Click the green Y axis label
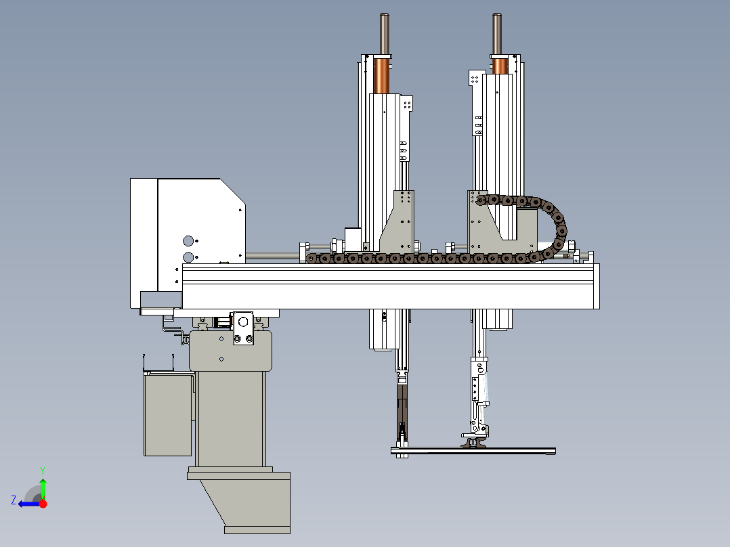tap(43, 471)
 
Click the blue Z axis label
tap(14, 500)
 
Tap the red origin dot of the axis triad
tap(43, 504)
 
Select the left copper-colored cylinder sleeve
tap(381, 76)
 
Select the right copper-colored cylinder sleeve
tap(500, 66)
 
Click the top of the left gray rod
tap(385, 15)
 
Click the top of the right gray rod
tap(497, 15)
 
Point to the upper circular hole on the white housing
tap(188, 241)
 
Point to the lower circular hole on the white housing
tap(188, 257)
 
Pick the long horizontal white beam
tap(390, 286)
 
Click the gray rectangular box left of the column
tap(168, 414)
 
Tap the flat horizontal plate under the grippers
tap(473, 451)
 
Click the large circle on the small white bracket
tap(242, 322)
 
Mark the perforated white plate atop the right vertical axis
tap(475, 79)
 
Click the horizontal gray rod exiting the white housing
tap(273, 256)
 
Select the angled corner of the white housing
tap(233, 191)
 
